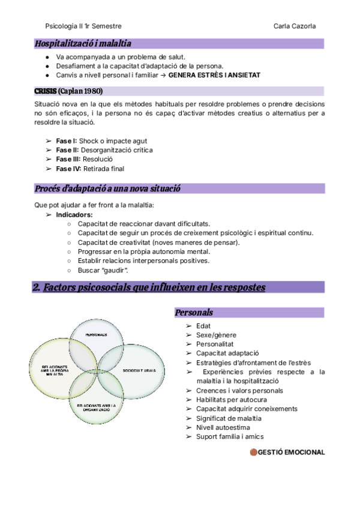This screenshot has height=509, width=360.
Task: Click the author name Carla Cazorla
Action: [295, 26]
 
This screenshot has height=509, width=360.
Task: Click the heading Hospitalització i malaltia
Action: [83, 43]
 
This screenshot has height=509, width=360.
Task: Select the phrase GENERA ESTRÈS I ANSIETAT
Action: [214, 75]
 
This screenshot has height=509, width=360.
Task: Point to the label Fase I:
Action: [67, 141]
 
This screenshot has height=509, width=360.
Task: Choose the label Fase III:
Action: [69, 160]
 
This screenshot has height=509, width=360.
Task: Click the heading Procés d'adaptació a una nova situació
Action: [108, 188]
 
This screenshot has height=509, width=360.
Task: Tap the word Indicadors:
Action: [74, 214]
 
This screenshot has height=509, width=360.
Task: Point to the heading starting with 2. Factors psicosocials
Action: [149, 288]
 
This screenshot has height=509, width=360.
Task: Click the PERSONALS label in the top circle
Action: [96, 334]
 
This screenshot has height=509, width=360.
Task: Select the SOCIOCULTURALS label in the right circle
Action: [139, 370]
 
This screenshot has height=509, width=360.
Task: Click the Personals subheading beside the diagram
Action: [194, 313]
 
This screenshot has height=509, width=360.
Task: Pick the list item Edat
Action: [203, 326]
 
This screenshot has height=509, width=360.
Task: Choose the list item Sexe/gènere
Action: [216, 335]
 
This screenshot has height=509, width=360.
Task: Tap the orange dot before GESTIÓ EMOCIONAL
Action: [253, 452]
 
